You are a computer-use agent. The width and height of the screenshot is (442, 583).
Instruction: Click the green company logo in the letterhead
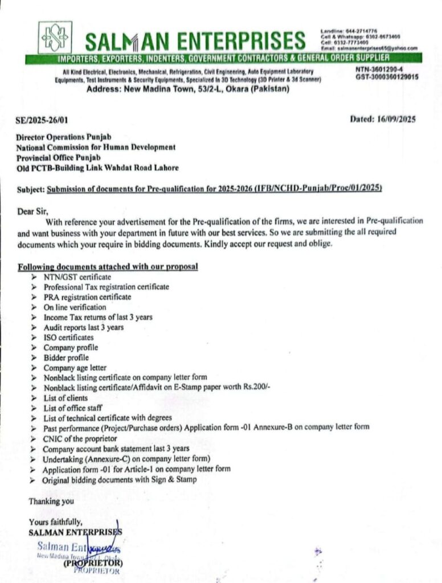point(55,37)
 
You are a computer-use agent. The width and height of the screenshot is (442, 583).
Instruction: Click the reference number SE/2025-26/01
point(45,120)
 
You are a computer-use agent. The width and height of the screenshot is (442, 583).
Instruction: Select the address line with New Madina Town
point(187,89)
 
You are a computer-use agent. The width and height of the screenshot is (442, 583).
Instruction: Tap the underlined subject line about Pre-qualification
point(214,188)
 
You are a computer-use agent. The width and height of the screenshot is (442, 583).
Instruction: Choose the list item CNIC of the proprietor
point(80,438)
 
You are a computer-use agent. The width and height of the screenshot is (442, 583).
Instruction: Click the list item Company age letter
point(75,368)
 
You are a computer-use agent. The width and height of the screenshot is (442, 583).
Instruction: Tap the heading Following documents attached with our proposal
point(108,266)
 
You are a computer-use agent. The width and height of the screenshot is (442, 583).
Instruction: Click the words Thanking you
point(51,502)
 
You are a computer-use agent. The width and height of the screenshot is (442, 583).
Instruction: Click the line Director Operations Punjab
point(64,137)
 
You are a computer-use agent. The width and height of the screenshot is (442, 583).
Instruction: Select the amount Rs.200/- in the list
point(255,388)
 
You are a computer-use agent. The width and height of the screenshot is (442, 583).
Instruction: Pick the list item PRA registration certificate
point(87,297)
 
